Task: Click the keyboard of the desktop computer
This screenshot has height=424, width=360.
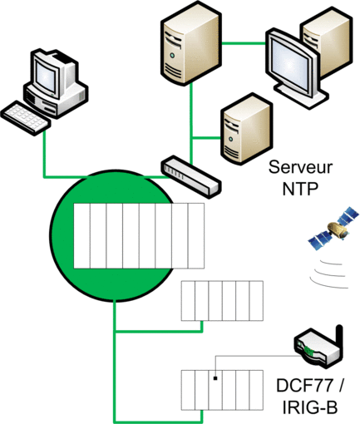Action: tap(26, 118)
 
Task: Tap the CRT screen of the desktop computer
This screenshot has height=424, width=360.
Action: tap(46, 75)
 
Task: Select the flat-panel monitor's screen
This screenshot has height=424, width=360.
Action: tap(290, 64)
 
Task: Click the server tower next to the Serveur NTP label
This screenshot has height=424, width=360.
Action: tap(246, 129)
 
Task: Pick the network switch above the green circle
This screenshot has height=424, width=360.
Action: tap(191, 177)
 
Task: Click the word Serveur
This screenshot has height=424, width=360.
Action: tap(300, 167)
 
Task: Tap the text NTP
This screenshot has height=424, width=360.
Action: tap(300, 189)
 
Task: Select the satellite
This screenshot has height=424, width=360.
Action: tap(334, 228)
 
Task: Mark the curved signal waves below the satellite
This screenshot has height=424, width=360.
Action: tap(328, 274)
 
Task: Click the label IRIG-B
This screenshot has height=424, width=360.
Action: tap(310, 407)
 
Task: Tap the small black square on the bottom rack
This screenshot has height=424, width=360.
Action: tap(215, 378)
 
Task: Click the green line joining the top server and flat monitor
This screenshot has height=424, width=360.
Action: tap(244, 43)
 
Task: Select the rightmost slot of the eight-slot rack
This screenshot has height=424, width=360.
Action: tap(196, 236)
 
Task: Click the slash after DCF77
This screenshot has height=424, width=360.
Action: tap(340, 386)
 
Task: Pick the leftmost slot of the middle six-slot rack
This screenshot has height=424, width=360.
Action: tap(188, 301)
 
